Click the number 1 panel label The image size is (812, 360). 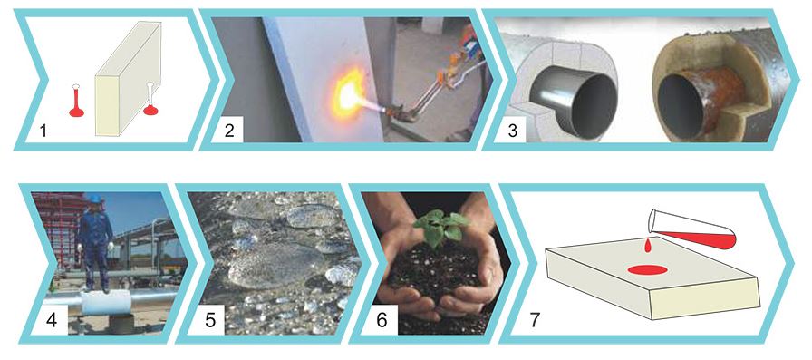(43, 131)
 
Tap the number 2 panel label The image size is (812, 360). (229, 131)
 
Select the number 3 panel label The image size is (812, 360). (512, 131)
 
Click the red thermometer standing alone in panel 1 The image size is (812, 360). (77, 101)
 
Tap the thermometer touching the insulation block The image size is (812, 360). (150, 99)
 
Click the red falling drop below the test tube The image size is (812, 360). (647, 246)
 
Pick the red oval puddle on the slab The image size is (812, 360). (647, 269)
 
